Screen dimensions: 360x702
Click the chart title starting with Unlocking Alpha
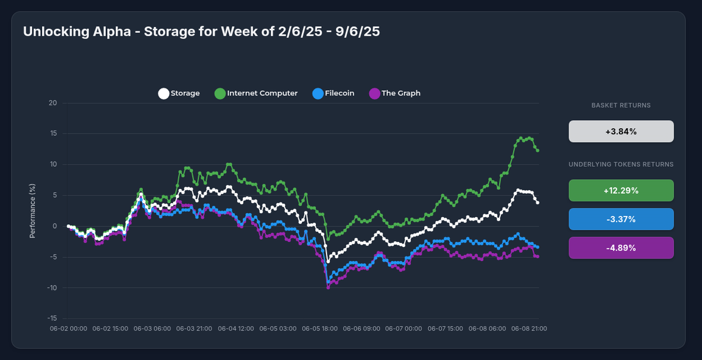point(201,32)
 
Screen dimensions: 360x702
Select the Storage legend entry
point(179,93)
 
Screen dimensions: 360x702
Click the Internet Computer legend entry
point(256,93)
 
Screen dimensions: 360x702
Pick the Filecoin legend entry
point(333,93)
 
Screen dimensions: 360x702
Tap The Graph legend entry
point(395,93)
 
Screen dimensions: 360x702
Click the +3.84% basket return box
point(621,132)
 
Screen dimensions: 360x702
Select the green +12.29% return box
point(621,191)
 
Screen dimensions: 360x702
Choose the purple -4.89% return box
point(621,248)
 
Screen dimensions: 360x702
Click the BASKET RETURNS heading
point(621,106)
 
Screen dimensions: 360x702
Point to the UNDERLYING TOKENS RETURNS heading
point(621,164)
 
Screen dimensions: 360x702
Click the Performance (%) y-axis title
point(33,211)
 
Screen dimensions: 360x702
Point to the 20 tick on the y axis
point(53,103)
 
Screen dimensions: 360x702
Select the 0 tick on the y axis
point(55,227)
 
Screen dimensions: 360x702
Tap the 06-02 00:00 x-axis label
point(68,329)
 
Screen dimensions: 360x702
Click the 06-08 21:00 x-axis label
point(529,329)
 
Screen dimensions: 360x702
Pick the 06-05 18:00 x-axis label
point(319,329)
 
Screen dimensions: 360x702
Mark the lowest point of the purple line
point(328,287)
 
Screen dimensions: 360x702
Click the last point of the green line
point(537,150)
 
